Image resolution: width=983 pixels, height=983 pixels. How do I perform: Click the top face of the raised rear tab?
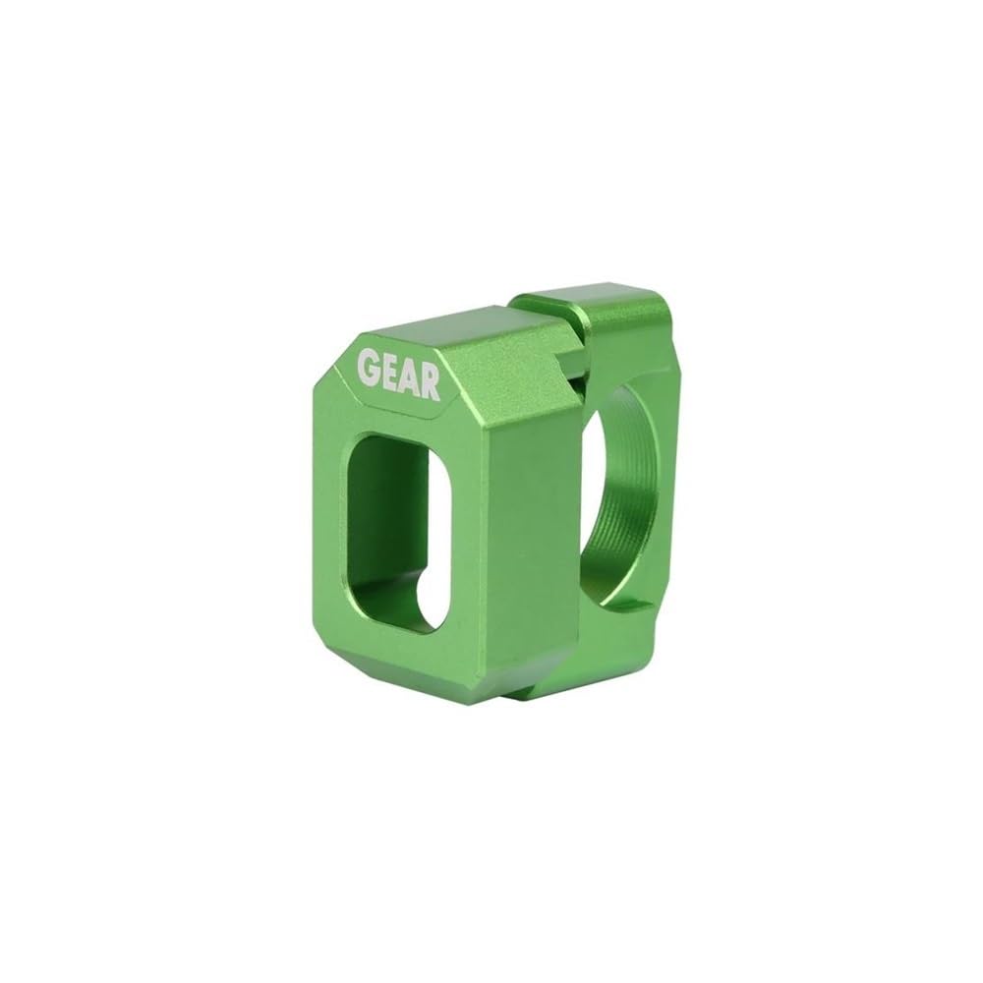(x=590, y=300)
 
